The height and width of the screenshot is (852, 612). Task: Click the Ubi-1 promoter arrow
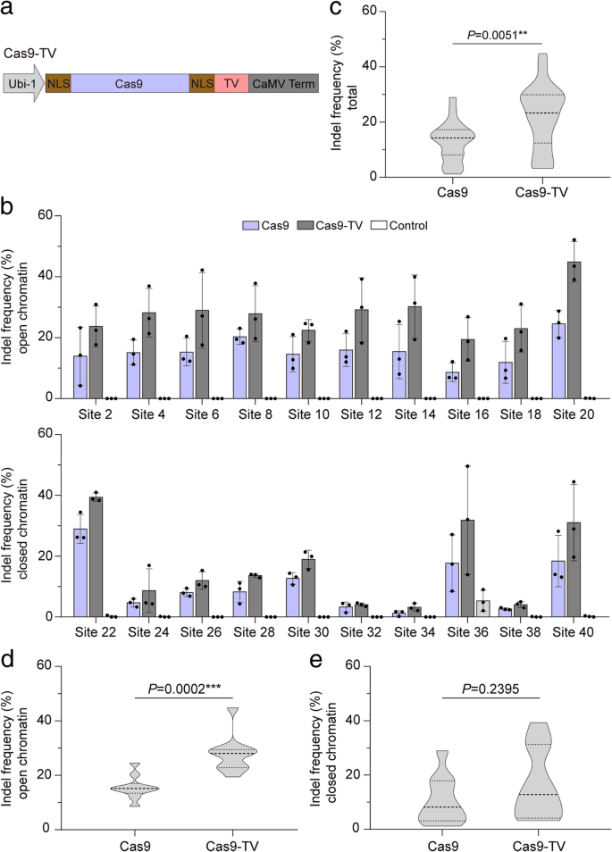(x=23, y=84)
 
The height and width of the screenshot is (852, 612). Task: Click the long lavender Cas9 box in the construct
(x=130, y=84)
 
